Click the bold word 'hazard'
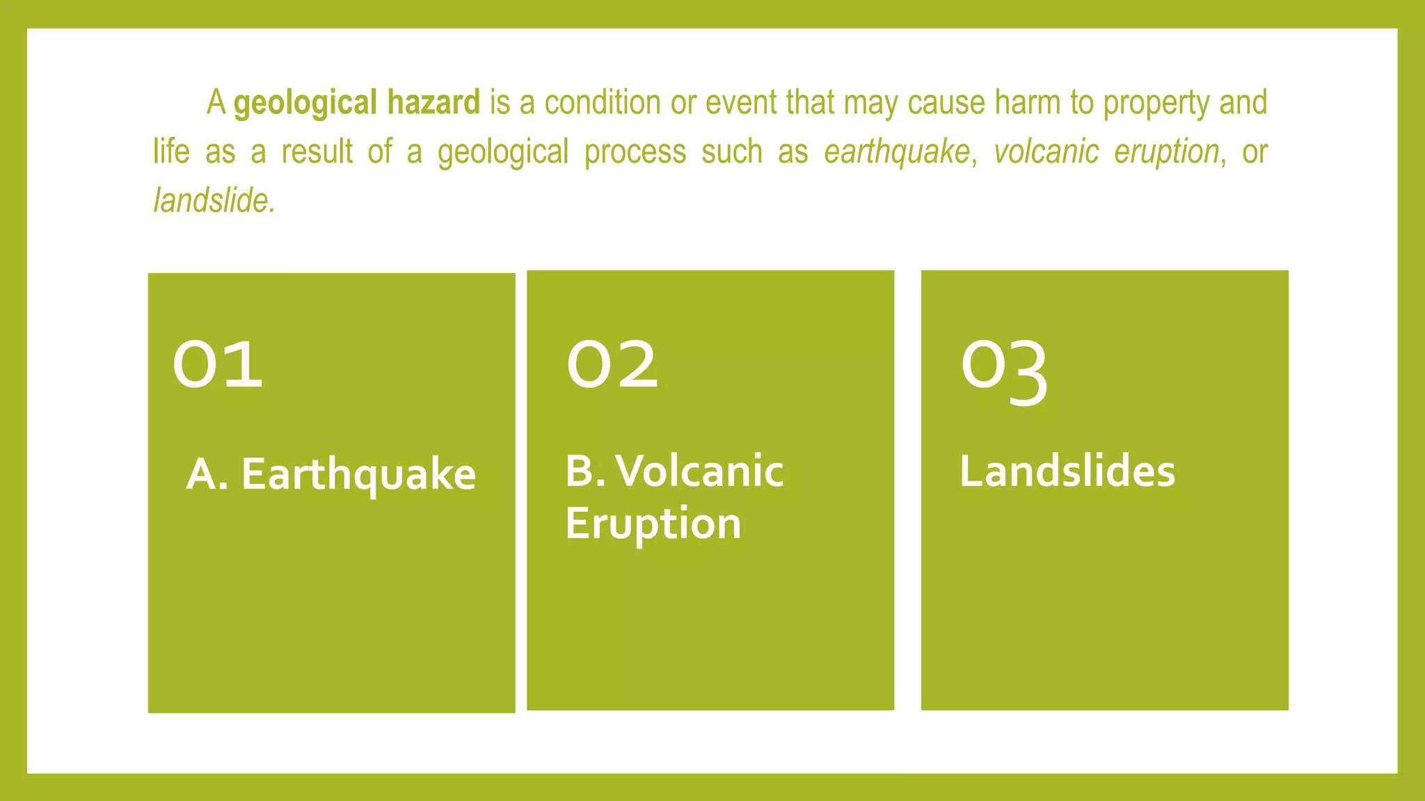[433, 102]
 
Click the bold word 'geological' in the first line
[305, 104]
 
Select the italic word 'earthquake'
[896, 152]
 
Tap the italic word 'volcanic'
[1046, 152]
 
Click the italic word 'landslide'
[211, 200]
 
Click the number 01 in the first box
[218, 365]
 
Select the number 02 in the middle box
[612, 365]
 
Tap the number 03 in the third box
[1004, 370]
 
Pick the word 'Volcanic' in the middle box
[699, 471]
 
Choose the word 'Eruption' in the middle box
[653, 524]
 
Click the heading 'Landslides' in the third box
[1067, 471]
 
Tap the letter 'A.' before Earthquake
[207, 474]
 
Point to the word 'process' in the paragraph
[635, 152]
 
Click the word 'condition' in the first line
[602, 102]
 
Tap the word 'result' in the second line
[317, 152]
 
